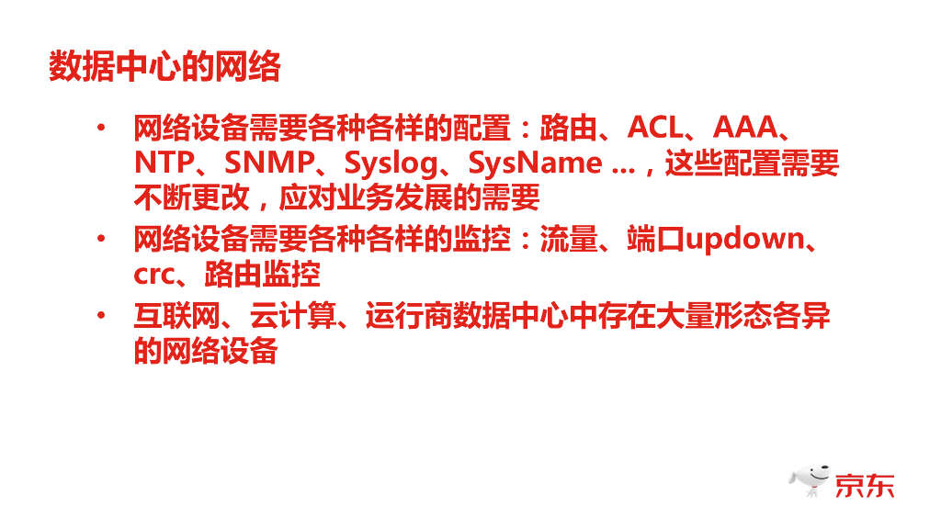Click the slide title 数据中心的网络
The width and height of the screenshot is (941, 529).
164,67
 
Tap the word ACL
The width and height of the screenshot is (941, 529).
656,129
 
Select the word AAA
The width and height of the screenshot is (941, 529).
745,129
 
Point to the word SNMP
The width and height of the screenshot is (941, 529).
269,163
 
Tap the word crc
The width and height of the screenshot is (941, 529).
153,274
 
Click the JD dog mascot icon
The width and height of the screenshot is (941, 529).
809,479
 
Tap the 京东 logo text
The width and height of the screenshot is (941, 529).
864,483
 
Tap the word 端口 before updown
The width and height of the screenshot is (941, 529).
656,239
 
